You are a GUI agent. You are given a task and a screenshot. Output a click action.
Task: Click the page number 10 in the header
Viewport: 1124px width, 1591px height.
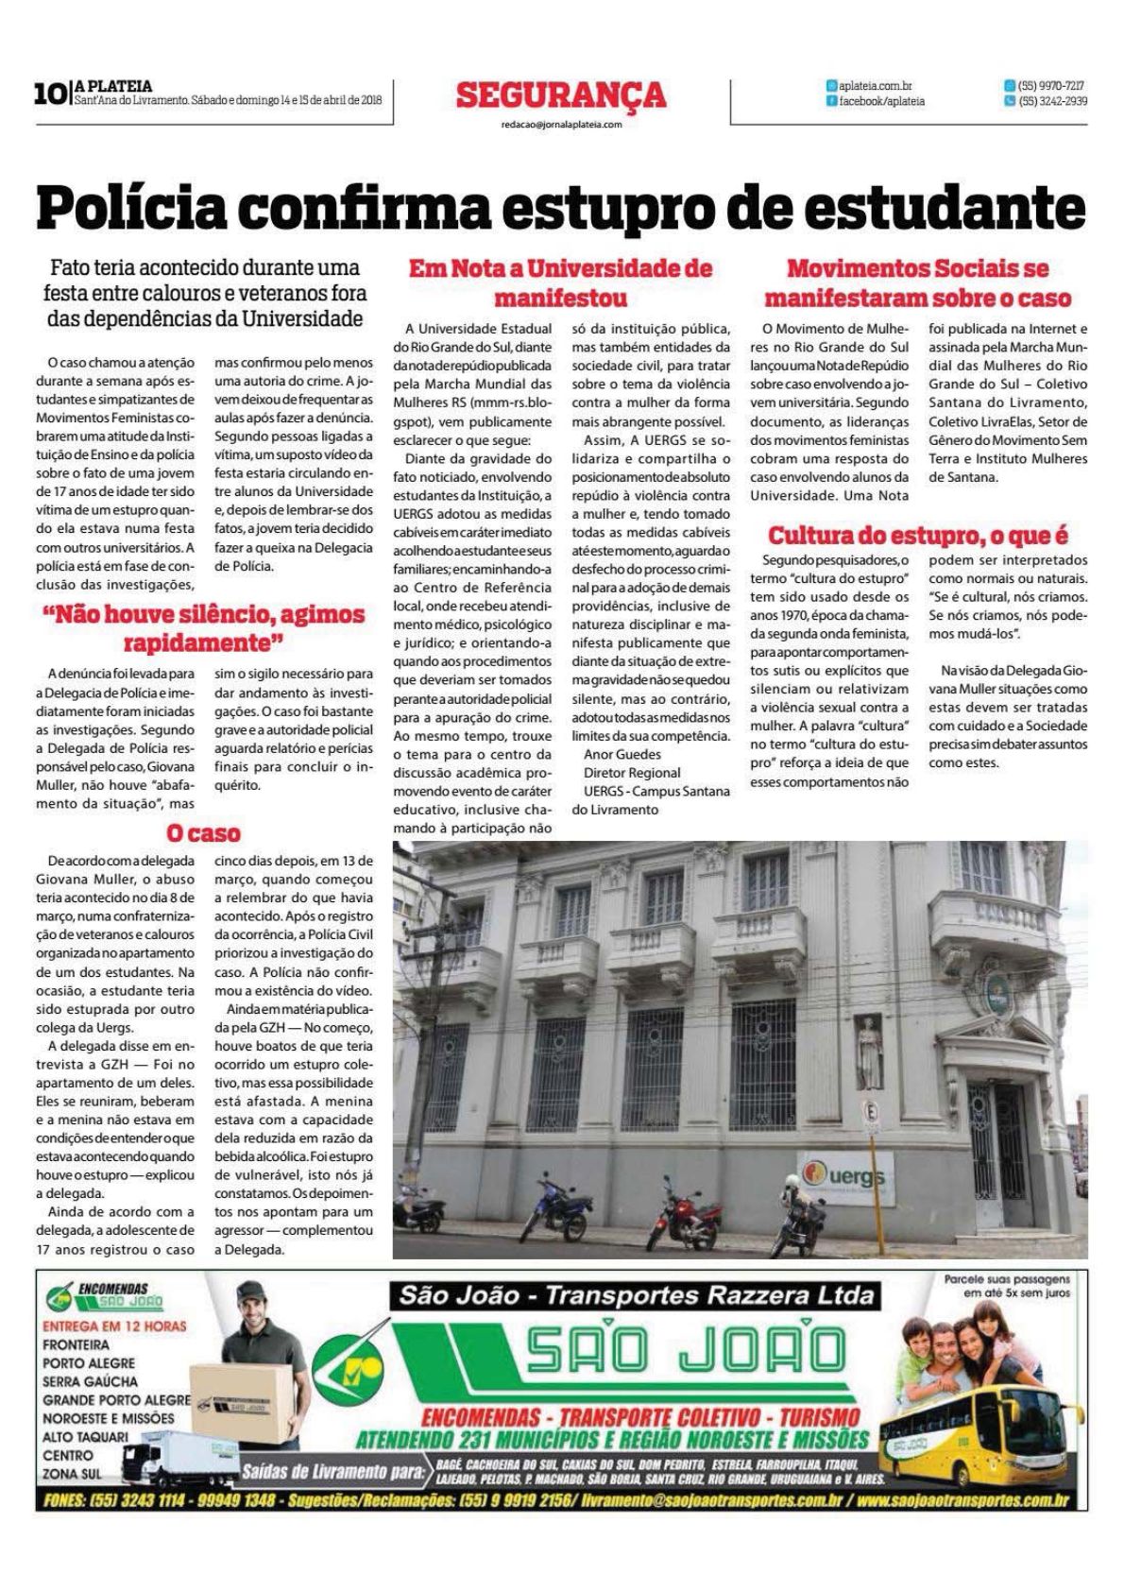[47, 94]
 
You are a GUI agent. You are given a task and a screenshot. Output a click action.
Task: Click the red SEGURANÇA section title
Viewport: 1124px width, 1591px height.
[561, 95]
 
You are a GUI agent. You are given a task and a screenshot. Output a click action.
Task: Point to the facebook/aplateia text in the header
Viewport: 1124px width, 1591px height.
[881, 101]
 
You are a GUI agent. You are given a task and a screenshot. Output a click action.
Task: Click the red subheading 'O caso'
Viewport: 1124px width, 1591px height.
[202, 833]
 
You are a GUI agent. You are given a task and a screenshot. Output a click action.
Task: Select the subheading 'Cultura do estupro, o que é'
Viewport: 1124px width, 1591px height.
[918, 536]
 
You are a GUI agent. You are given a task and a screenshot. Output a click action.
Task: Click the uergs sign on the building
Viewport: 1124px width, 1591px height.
[845, 1174]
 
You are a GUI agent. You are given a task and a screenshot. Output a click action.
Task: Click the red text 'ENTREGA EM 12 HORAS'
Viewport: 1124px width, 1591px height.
[114, 1326]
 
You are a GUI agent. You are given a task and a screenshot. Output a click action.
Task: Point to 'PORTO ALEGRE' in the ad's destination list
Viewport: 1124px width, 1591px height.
[89, 1362]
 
